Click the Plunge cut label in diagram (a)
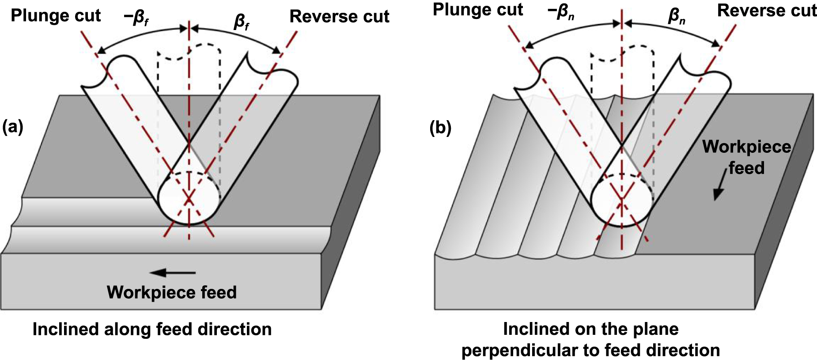(56, 16)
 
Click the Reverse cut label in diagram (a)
(339, 17)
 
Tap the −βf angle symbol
(136, 18)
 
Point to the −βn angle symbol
(561, 11)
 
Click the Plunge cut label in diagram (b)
(478, 10)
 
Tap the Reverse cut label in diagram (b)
(767, 11)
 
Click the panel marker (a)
(12, 127)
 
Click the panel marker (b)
(440, 128)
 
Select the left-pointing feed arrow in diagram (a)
(172, 273)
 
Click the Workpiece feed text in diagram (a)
(171, 292)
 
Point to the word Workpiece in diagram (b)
(746, 147)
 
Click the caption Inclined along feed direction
(152, 330)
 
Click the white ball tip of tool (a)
(189, 197)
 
